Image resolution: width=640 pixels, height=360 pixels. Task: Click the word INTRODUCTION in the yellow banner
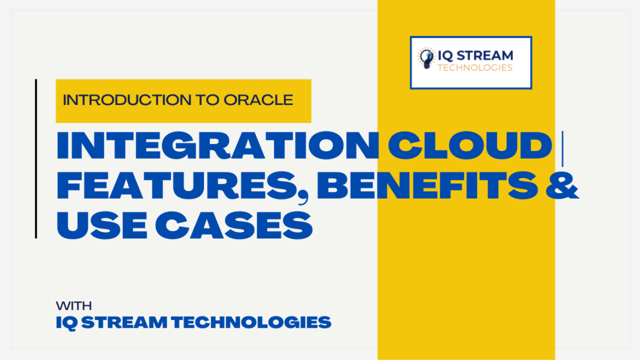(x=127, y=100)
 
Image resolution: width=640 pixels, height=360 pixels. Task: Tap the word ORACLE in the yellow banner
(x=258, y=100)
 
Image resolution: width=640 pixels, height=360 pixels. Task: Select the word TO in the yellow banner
(x=208, y=100)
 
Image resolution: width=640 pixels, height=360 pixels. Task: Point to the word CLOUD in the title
(x=470, y=145)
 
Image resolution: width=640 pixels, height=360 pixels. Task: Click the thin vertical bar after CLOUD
(x=563, y=149)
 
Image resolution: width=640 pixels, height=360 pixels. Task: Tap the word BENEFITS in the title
(x=428, y=185)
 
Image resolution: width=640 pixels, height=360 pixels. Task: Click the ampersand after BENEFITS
(x=562, y=185)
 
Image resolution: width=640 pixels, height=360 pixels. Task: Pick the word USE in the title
(x=102, y=225)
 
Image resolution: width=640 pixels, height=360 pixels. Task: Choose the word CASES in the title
(x=234, y=225)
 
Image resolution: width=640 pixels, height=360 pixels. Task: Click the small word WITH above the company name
(x=74, y=306)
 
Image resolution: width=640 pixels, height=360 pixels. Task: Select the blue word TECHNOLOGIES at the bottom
(x=252, y=322)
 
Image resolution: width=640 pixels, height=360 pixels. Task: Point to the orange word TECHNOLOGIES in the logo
(x=475, y=68)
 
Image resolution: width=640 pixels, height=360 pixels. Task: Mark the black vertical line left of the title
(x=36, y=159)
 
